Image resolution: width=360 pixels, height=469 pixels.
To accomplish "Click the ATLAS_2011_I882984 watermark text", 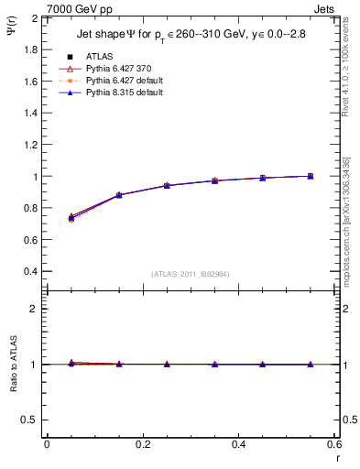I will tap(190, 274).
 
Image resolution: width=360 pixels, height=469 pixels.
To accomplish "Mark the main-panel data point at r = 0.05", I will tap(71, 218).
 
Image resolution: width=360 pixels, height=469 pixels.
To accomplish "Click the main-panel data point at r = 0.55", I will tap(311, 176).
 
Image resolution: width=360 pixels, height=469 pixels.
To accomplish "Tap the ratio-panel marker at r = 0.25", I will tap(167, 364).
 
